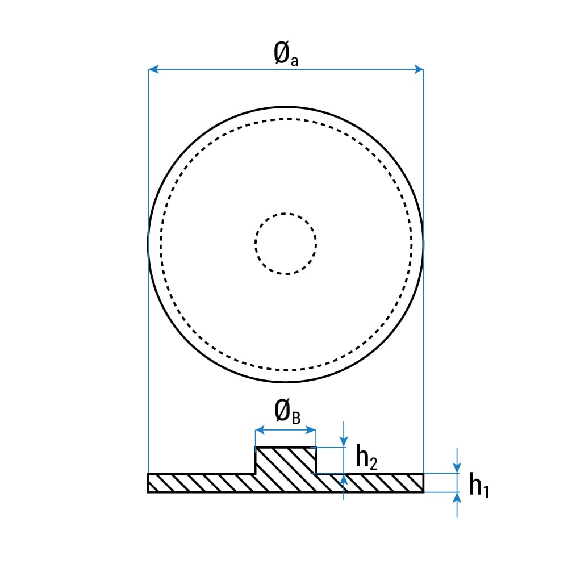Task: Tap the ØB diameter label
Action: (287, 411)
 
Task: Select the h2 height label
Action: (366, 457)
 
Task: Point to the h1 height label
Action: (478, 486)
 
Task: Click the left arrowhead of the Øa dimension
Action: (153, 69)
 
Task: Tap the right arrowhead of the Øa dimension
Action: (419, 69)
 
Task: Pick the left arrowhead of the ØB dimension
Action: (260, 431)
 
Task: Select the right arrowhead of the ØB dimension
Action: (311, 431)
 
